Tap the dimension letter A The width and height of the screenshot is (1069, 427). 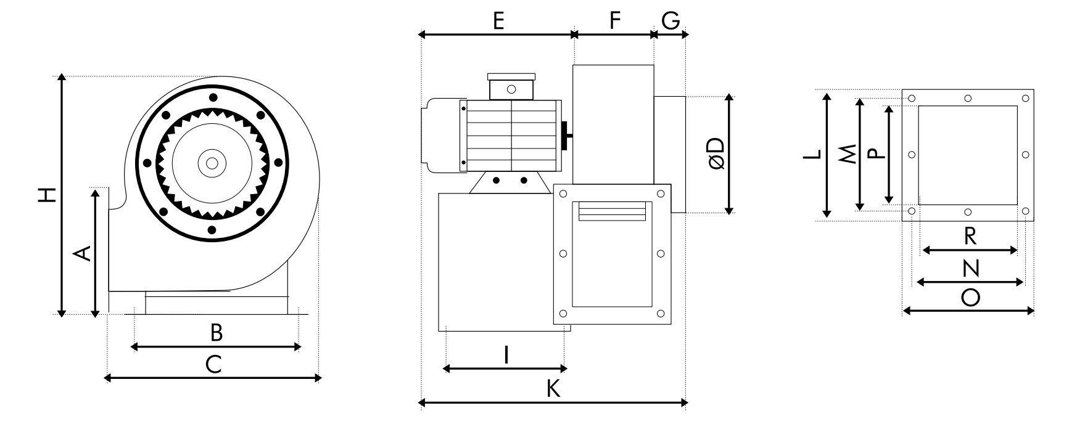click(83, 253)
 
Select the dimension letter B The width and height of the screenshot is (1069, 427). click(216, 333)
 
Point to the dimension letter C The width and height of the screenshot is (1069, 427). click(213, 365)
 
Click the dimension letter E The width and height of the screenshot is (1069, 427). click(498, 21)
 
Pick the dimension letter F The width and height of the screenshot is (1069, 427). click(614, 21)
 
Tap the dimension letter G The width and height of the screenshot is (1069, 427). click(671, 21)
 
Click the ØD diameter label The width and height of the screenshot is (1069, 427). click(716, 153)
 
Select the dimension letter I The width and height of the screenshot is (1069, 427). click(506, 355)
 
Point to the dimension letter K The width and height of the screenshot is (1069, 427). click(553, 389)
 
